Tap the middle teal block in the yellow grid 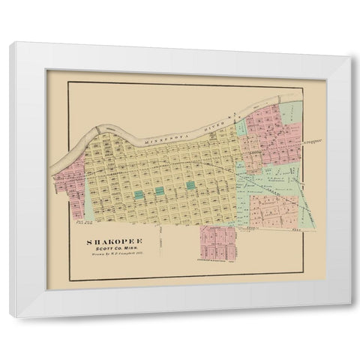click(x=160, y=191)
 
